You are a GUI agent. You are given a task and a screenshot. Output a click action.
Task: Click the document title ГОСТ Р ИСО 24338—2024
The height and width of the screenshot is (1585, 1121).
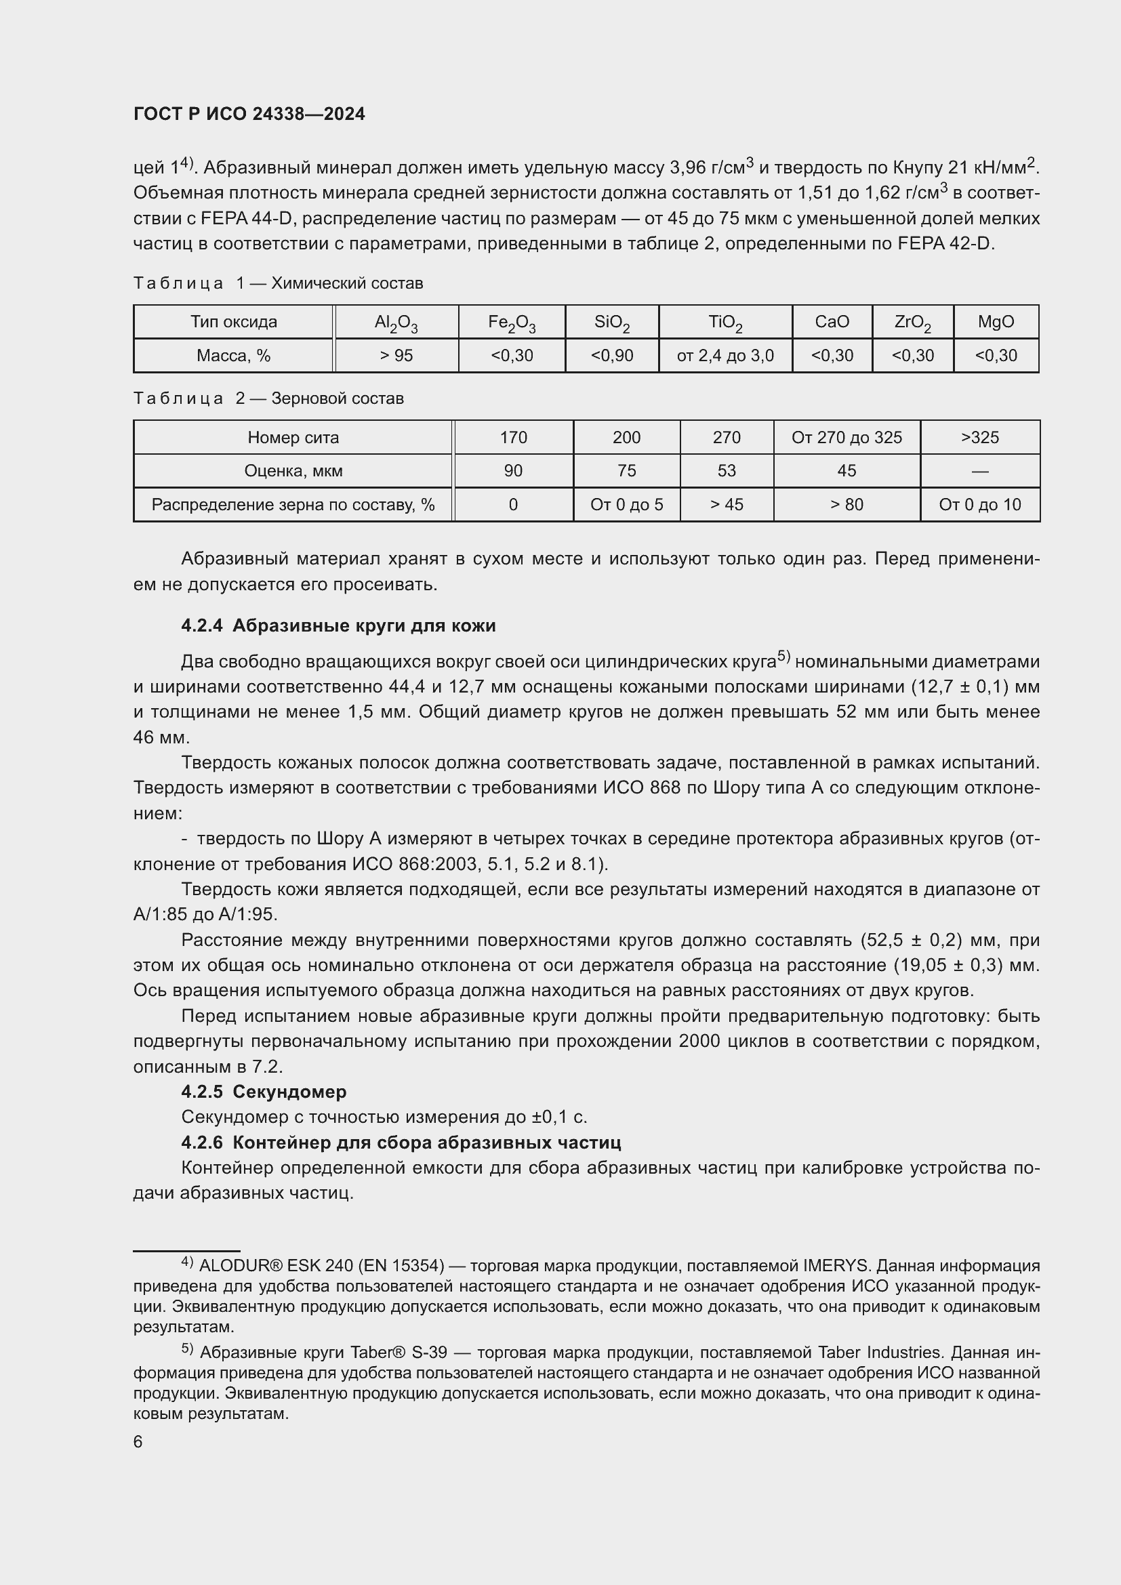(x=249, y=115)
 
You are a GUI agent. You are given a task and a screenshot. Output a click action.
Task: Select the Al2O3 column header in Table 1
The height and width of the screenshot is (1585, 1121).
(x=396, y=323)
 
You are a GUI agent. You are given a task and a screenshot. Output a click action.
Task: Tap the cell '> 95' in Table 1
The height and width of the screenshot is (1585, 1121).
(x=396, y=356)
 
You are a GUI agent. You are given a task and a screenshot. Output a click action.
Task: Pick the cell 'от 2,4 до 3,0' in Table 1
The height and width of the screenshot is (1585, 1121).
(x=725, y=356)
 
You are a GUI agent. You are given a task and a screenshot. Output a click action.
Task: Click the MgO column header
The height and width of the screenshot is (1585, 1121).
(x=996, y=322)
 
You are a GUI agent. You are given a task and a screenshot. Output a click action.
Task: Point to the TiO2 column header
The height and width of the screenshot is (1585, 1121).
(x=725, y=323)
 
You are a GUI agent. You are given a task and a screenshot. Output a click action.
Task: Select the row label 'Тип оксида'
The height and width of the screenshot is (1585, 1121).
(x=233, y=322)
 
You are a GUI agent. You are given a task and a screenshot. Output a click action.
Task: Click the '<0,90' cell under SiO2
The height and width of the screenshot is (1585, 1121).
(x=611, y=356)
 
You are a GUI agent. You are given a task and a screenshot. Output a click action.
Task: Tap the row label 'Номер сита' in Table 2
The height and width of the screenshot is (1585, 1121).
(x=293, y=438)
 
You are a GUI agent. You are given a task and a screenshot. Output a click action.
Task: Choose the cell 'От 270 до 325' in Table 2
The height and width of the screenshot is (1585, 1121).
(x=847, y=438)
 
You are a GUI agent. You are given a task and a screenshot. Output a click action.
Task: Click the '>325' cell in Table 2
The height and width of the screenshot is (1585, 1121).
(x=979, y=438)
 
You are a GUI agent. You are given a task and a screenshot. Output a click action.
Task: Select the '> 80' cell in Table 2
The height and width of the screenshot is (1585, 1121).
(x=847, y=505)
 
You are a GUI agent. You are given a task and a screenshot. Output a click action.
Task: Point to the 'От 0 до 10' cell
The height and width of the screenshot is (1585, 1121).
(x=979, y=505)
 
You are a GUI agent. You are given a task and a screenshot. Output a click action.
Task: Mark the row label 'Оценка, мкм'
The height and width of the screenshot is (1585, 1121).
(x=293, y=471)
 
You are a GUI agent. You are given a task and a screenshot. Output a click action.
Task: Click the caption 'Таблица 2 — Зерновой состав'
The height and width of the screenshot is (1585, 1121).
(x=268, y=399)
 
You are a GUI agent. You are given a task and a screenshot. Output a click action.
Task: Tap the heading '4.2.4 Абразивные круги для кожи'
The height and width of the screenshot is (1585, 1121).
(x=338, y=626)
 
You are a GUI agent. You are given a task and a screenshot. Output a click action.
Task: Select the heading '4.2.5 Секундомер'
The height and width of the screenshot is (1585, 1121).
(x=264, y=1092)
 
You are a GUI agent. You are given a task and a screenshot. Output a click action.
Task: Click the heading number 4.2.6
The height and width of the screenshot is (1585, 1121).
(x=201, y=1143)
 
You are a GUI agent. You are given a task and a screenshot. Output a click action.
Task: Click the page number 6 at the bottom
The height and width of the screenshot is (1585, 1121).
(x=138, y=1442)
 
